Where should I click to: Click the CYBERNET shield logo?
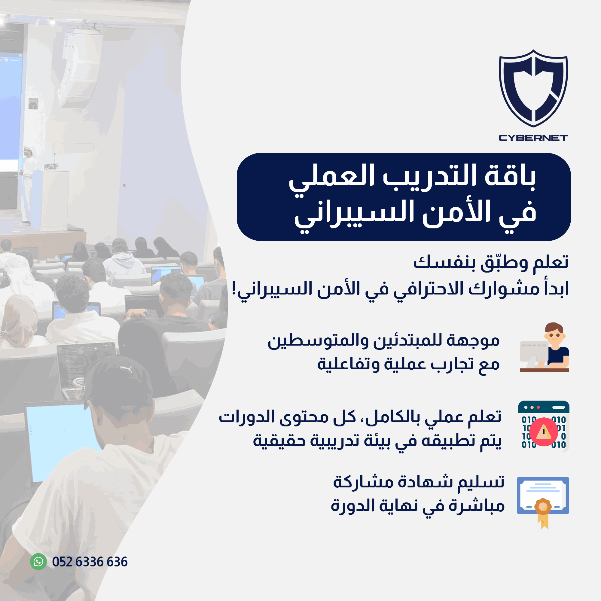[533, 88]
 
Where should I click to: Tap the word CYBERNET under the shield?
[533, 138]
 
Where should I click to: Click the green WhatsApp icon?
[38, 562]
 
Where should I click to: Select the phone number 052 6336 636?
[90, 562]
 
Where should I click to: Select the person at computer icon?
[545, 347]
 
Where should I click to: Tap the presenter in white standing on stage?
[28, 184]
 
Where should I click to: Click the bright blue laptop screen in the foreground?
[62, 442]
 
